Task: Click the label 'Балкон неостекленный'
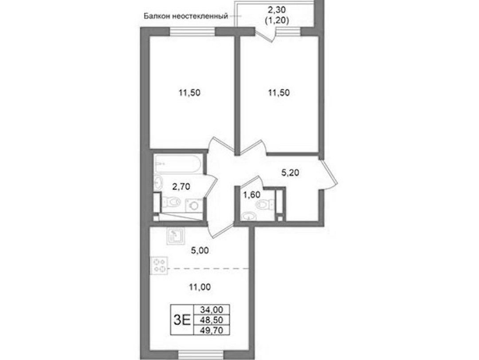pyautogui.click(x=186, y=16)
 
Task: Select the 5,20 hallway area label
pyautogui.click(x=290, y=173)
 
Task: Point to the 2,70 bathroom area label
pyautogui.click(x=181, y=186)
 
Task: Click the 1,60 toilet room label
pyautogui.click(x=251, y=194)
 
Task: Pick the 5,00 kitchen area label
pyautogui.click(x=200, y=250)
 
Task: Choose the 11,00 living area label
pyautogui.click(x=200, y=287)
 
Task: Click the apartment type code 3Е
pyautogui.click(x=182, y=320)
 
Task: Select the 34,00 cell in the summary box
pyautogui.click(x=212, y=309)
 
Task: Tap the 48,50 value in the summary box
pyautogui.click(x=212, y=320)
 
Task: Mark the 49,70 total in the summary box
pyautogui.click(x=212, y=330)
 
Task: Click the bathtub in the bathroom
pyautogui.click(x=177, y=164)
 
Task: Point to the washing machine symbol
pyautogui.click(x=194, y=205)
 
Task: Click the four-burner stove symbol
pyautogui.click(x=159, y=265)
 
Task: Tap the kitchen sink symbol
pyautogui.click(x=175, y=236)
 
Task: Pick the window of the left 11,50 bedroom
pyautogui.click(x=192, y=32)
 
